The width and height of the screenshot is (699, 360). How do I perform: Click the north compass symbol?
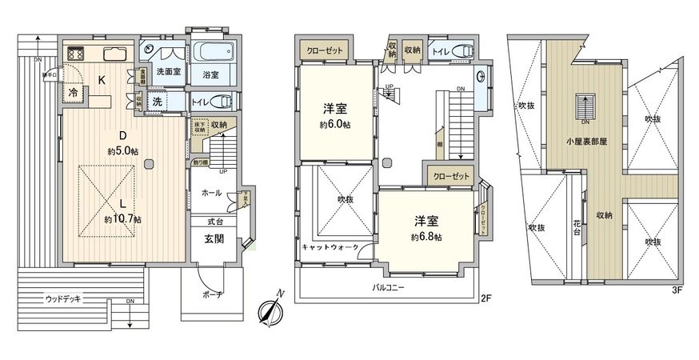271,309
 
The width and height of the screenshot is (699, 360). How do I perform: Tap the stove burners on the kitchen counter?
78,54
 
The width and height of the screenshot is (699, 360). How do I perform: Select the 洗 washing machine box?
158,102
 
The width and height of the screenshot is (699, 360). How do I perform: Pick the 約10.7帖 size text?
122,218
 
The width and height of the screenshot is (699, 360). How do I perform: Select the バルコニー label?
389,286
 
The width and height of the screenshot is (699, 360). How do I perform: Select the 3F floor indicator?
677,290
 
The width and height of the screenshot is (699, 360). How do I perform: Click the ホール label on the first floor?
211,194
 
